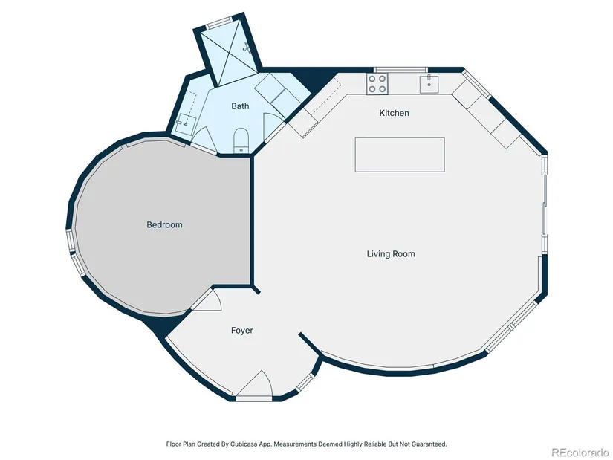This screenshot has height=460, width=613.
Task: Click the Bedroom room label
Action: coord(164,224)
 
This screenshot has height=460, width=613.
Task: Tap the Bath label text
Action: coord(240,106)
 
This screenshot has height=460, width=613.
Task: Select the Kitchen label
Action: coord(394,113)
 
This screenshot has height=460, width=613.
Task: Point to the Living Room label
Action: coord(391,254)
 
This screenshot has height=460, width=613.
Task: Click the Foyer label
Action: coord(242,331)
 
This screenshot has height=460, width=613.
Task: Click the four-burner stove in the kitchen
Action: coord(377,84)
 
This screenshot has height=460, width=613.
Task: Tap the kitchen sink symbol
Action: coord(429,84)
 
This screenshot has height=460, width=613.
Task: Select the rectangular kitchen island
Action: coord(400,155)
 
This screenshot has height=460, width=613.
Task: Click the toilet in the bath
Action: coord(241,140)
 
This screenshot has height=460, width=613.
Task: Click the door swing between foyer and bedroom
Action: coord(207,300)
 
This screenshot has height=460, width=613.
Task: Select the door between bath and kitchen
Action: coord(274,127)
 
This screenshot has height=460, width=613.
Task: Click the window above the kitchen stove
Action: coord(400,70)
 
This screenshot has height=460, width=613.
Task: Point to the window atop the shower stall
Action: coord(218,23)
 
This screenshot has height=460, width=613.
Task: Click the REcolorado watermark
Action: coord(580,452)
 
